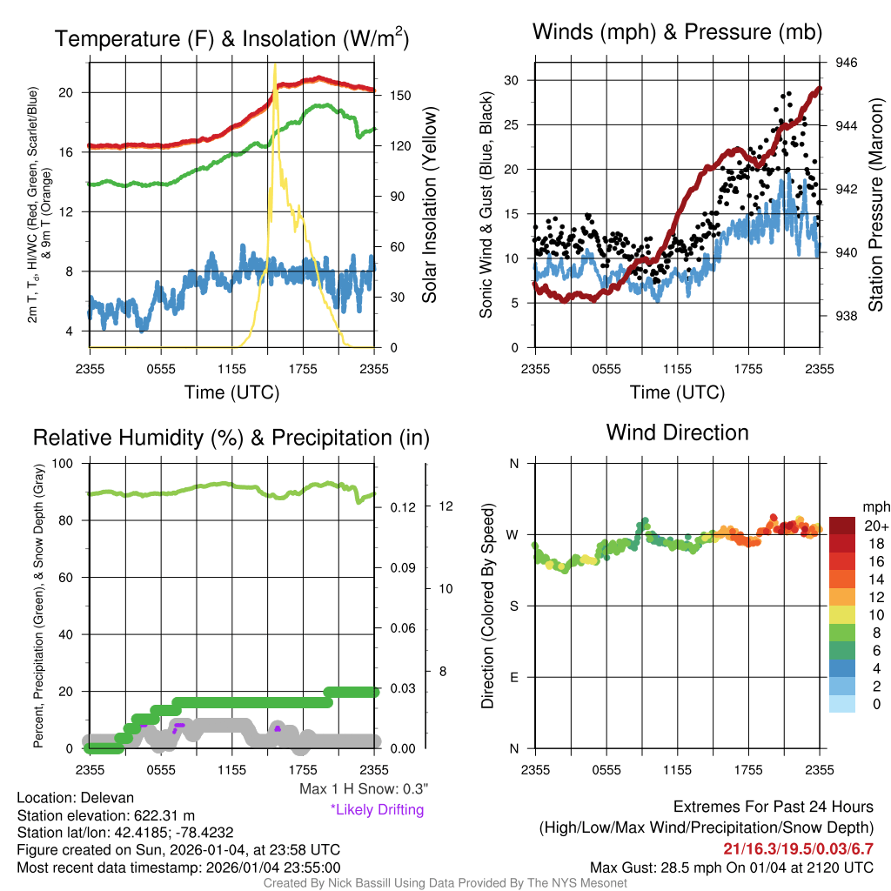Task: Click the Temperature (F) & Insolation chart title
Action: click(x=231, y=39)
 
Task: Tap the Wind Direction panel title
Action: click(x=677, y=432)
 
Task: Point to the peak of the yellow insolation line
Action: click(x=275, y=65)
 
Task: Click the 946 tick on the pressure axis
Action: click(x=847, y=63)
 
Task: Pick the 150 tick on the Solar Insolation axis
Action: click(x=398, y=95)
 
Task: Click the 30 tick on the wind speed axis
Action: click(x=512, y=80)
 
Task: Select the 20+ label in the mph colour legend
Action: click(x=870, y=526)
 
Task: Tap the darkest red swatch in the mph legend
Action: click(x=843, y=526)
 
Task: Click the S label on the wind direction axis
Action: click(x=514, y=606)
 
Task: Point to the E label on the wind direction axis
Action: click(x=514, y=677)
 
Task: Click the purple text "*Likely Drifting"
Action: click(x=377, y=810)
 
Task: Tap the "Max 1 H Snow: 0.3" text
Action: click(x=363, y=789)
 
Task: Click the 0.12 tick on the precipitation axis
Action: click(x=399, y=506)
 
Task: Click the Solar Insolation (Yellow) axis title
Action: click(x=429, y=205)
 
